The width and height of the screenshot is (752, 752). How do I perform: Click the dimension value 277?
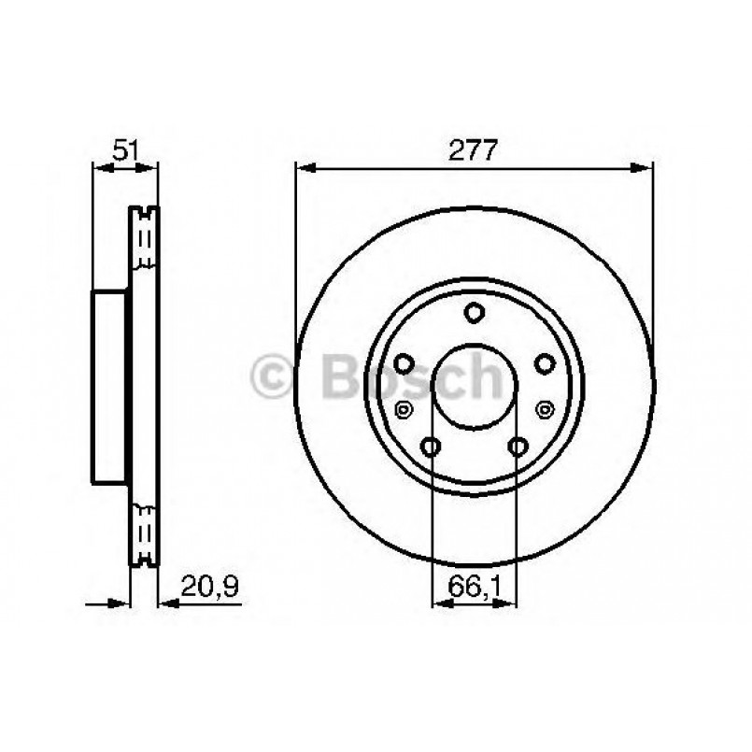(x=474, y=149)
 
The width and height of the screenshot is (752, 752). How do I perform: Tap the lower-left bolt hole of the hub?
(x=431, y=446)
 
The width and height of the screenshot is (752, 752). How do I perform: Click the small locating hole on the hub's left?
(x=404, y=408)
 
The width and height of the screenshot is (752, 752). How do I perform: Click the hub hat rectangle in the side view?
(x=109, y=384)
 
